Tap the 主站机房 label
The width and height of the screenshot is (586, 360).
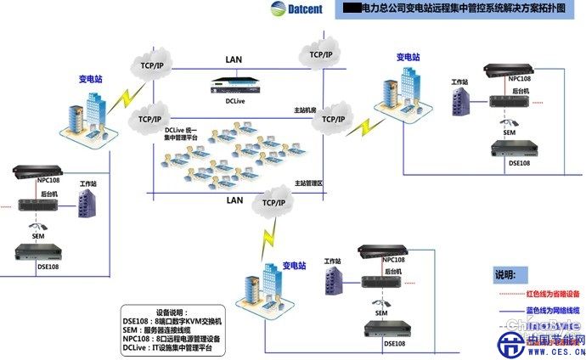(x=304, y=110)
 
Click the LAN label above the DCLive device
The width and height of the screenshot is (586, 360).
(x=234, y=59)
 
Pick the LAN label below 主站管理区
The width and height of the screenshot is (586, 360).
(x=234, y=201)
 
